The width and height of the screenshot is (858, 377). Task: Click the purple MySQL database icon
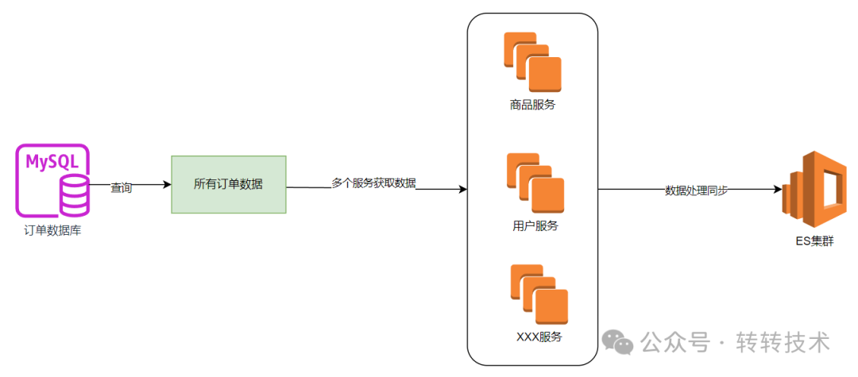click(x=52, y=180)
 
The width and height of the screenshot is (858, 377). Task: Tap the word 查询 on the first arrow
click(x=122, y=188)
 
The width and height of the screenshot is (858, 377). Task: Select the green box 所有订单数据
click(x=229, y=184)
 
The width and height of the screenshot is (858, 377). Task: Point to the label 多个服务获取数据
click(x=373, y=183)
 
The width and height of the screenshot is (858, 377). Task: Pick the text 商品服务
click(x=532, y=105)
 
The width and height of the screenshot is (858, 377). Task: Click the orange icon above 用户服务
click(x=535, y=183)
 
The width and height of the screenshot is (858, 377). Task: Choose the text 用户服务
click(x=535, y=226)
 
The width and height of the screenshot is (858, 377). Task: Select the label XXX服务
click(x=539, y=337)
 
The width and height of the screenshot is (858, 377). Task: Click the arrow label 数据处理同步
click(x=697, y=190)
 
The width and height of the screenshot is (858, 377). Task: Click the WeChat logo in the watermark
click(x=617, y=342)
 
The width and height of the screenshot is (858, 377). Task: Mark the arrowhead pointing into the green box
click(x=167, y=185)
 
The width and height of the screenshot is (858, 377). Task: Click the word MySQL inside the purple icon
click(x=52, y=163)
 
